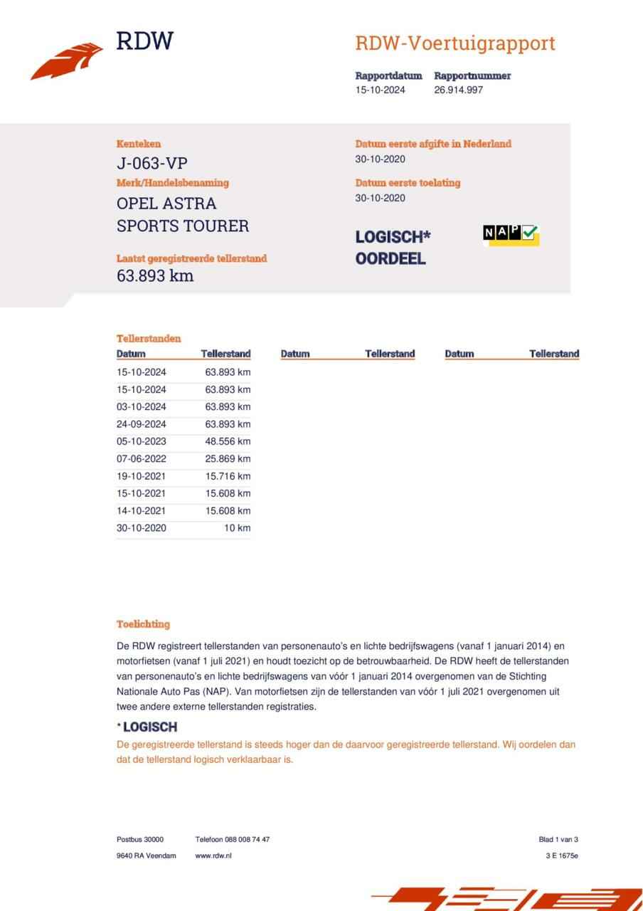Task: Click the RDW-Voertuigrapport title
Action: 455,43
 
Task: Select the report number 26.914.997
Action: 459,90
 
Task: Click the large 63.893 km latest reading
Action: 155,275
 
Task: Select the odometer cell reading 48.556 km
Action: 228,441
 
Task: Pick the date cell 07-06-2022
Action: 142,459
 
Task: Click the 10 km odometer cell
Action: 237,528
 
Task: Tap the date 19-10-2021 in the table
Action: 142,476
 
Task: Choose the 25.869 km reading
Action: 228,459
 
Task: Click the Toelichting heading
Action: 143,624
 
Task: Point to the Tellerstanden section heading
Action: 149,339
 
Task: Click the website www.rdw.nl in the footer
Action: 213,855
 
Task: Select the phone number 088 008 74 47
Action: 247,839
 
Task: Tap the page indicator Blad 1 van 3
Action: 558,839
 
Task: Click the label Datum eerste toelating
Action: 408,183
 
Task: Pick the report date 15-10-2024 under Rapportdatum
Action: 381,90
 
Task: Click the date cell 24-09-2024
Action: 142,424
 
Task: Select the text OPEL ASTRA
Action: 166,204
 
